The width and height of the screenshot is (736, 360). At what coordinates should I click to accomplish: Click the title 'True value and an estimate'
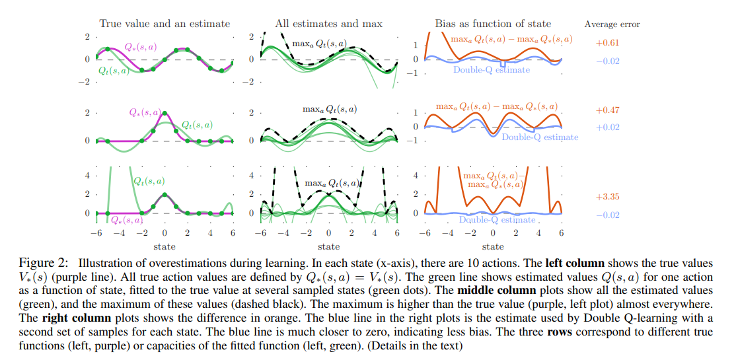(x=165, y=24)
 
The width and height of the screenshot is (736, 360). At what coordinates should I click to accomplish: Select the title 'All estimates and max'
(x=328, y=24)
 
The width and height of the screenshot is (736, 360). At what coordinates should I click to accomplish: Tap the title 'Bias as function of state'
(x=493, y=24)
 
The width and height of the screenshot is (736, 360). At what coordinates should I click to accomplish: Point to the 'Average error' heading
(x=612, y=24)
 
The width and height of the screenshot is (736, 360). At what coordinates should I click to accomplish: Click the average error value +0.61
(x=607, y=42)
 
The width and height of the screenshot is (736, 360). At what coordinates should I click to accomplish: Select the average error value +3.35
(x=607, y=197)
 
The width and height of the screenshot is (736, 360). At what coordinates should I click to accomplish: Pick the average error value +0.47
(x=607, y=110)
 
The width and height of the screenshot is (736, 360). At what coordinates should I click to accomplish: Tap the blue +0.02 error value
(x=607, y=127)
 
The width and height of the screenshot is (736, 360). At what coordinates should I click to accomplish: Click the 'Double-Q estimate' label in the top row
(x=492, y=70)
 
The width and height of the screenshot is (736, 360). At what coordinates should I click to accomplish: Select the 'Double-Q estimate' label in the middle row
(x=540, y=137)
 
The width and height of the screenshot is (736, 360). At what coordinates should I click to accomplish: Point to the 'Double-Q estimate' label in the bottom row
(x=497, y=220)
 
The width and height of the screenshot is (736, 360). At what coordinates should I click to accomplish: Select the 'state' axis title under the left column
(x=164, y=247)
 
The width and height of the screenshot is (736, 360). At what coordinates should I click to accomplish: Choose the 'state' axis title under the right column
(x=493, y=247)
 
